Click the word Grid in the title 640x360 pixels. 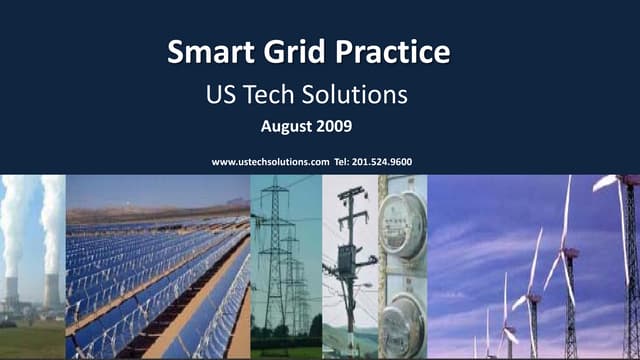[290, 52]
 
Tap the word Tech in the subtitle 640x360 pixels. [282, 96]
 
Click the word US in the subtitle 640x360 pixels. [220, 96]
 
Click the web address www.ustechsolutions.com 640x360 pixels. [271, 161]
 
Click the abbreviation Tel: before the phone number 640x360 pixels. [345, 161]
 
